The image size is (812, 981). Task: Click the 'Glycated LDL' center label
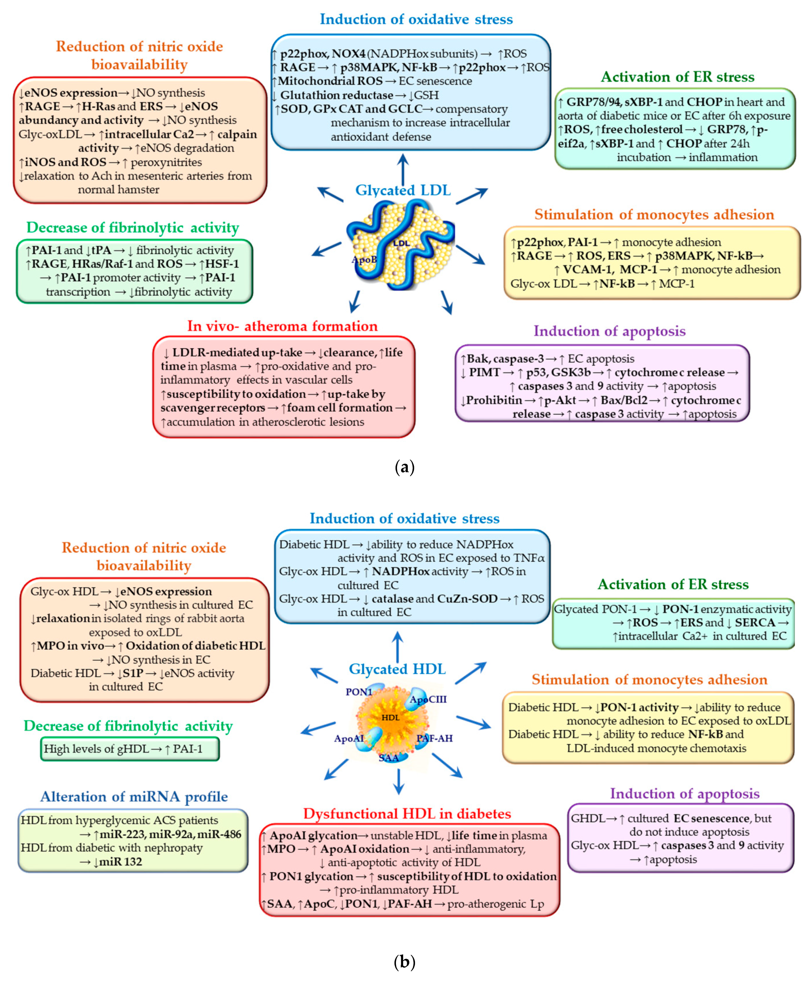point(403,190)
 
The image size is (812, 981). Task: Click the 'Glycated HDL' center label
point(397,669)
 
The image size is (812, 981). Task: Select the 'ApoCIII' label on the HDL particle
point(428,699)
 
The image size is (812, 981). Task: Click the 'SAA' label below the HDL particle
point(389,758)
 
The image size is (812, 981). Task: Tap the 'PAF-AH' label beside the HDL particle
point(435,738)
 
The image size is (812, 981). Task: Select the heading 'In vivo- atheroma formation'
point(282,326)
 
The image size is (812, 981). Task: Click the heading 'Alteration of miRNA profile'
point(134,797)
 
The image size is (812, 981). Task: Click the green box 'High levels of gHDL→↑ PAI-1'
point(129,749)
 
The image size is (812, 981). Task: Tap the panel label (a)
point(405,467)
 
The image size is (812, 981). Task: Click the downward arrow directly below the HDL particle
point(398,781)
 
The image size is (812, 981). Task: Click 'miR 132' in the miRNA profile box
point(120,861)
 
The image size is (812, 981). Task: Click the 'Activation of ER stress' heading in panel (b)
point(673,584)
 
